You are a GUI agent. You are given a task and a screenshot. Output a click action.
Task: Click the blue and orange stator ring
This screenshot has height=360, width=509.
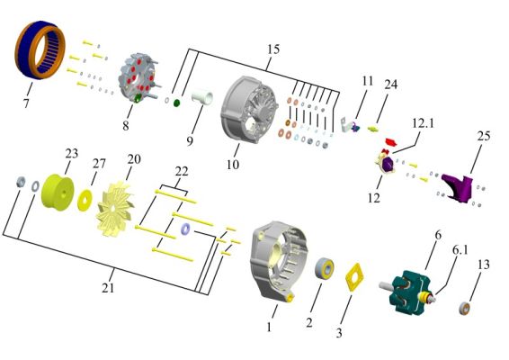click(x=22, y=49)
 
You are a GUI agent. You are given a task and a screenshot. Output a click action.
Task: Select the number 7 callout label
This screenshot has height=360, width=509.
click(x=26, y=103)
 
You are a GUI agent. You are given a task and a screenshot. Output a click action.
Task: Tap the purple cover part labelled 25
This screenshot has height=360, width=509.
click(x=458, y=188)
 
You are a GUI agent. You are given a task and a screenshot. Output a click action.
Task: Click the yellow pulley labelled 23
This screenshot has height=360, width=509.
click(x=58, y=193)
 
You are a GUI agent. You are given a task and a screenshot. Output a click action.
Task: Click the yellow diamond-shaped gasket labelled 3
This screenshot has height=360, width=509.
click(x=354, y=277)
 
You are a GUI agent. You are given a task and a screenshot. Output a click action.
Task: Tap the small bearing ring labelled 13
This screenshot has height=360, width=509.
click(x=465, y=308)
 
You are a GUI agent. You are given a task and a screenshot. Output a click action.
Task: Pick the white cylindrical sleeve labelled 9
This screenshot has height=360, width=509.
click(x=202, y=98)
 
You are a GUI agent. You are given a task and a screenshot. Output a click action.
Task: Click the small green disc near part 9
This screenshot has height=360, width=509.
click(x=176, y=103)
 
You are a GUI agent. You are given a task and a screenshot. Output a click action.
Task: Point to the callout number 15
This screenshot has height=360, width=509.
click(x=273, y=49)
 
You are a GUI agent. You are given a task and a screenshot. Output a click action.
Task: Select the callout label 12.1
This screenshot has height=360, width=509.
click(x=423, y=123)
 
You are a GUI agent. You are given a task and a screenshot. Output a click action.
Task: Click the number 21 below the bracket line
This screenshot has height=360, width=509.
click(x=108, y=287)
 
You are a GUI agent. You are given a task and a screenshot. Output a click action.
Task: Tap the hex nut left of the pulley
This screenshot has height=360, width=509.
click(x=21, y=182)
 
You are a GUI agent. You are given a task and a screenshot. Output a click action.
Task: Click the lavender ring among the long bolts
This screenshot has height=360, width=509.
click(x=185, y=229)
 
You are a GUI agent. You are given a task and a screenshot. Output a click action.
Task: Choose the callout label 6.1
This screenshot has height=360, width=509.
click(x=460, y=249)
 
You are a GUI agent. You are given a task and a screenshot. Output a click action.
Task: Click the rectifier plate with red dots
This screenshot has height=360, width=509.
click(x=137, y=78)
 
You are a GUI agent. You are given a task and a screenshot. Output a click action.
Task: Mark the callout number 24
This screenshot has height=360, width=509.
click(x=391, y=85)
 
